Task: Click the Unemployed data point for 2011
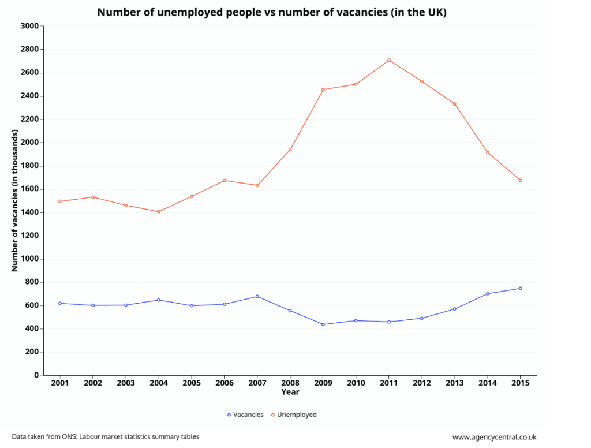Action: point(389,60)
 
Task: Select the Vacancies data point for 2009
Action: point(323,324)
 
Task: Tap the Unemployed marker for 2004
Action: point(159,211)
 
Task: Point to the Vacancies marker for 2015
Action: point(520,288)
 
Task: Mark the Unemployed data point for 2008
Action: point(290,150)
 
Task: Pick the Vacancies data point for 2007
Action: point(257,296)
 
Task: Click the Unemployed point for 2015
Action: point(520,180)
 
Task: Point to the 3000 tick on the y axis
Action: point(29,26)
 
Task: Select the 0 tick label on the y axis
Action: point(36,375)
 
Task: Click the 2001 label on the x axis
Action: point(60,383)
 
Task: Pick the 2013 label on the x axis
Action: point(454,383)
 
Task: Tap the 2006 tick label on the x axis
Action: point(225,383)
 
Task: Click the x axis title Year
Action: point(290,392)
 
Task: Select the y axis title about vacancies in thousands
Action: point(15,200)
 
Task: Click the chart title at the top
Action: point(271,12)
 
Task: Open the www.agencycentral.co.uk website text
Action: point(494,437)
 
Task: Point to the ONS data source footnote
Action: point(106,437)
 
